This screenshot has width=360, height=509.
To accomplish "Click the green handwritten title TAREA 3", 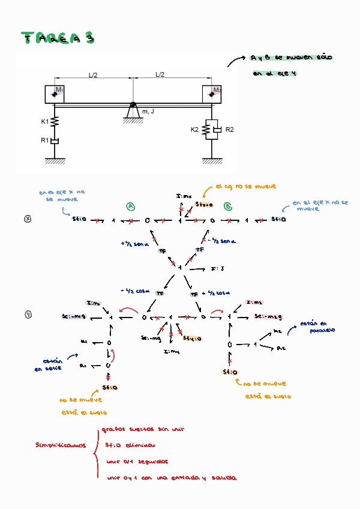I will [58, 38].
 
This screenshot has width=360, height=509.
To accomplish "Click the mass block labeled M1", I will [55, 94].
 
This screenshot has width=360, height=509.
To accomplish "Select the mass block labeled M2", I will [212, 94].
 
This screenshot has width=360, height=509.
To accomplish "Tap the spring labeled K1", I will [55, 122].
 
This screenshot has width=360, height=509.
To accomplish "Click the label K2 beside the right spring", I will [194, 129].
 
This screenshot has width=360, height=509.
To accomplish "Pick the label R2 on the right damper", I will [229, 129].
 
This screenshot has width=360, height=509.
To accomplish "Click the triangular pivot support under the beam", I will [133, 112].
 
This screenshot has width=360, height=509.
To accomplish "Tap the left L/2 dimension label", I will [94, 75].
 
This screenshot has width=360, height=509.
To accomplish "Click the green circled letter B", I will [228, 206].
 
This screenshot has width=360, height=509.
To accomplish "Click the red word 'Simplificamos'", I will [60, 445].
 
